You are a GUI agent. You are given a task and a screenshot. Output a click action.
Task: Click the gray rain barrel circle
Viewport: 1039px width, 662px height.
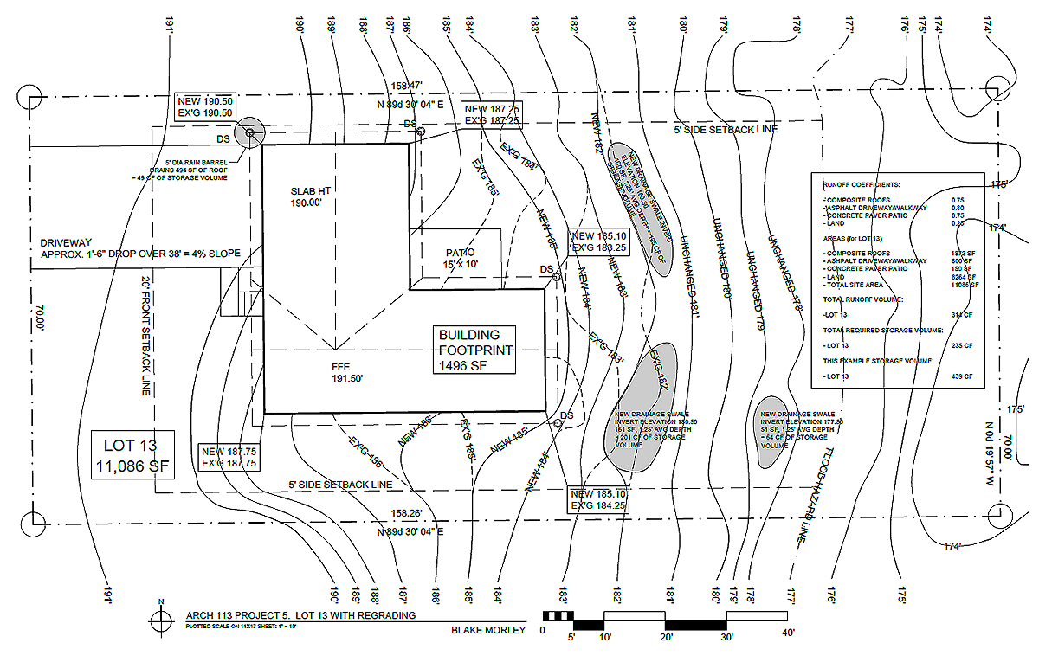pos(249,132)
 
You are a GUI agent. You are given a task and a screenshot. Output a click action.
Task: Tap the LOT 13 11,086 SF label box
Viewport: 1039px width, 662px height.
pos(133,456)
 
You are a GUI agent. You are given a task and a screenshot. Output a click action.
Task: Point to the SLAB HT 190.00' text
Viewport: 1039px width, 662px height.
pos(307,196)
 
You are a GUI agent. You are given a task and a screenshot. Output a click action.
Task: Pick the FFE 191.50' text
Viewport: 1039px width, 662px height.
pos(345,373)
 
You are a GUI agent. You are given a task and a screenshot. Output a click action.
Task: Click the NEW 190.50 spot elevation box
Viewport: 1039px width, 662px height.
pos(205,106)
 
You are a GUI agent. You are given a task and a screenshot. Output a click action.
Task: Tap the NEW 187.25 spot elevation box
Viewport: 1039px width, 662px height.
pos(491,114)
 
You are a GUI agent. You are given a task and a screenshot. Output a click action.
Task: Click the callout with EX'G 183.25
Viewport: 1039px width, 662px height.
pos(598,241)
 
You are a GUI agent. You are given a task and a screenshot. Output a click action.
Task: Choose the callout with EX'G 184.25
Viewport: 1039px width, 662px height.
pos(597,499)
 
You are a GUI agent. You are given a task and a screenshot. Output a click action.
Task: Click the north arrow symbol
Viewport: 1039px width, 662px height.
pos(160,618)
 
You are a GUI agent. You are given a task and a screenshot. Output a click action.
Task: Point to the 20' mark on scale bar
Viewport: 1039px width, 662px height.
pos(665,636)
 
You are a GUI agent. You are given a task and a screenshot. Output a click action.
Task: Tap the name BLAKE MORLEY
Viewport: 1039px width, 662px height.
pos(488,630)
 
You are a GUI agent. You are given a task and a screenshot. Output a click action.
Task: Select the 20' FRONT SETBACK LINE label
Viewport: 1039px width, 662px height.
pos(146,337)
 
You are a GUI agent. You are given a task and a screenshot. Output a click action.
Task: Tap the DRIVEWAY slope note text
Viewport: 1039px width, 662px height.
pos(139,248)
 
